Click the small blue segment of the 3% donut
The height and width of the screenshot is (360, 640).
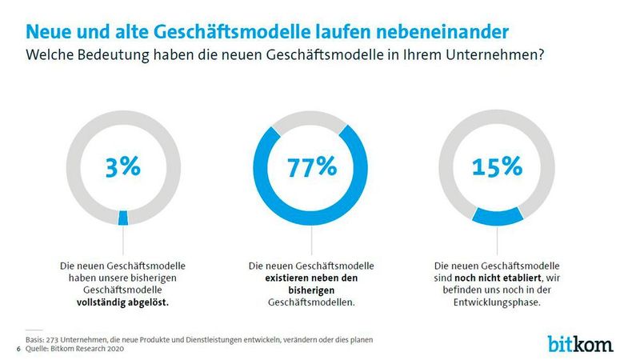122,218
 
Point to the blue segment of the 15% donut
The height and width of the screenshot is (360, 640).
497,216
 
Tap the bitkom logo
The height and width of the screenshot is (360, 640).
581,344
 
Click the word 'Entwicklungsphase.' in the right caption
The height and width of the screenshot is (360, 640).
497,304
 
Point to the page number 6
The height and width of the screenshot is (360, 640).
18,350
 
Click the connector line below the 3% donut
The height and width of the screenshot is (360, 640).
122,240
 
